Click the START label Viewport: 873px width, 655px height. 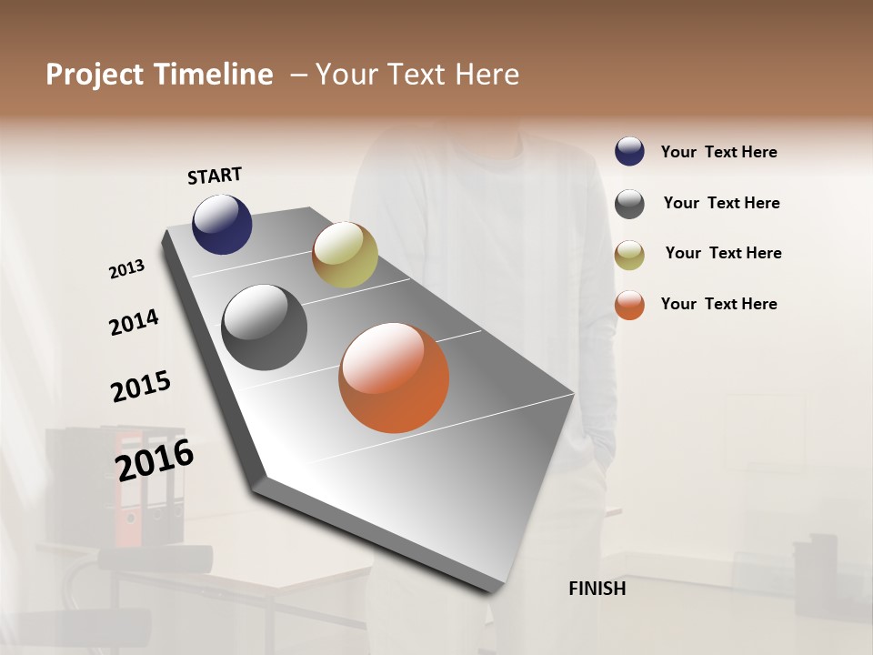point(215,176)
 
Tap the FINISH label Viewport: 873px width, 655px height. point(597,589)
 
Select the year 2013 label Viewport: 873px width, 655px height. point(126,268)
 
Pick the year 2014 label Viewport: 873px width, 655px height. point(134,322)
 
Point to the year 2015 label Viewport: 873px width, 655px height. point(141,386)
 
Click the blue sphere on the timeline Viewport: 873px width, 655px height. point(222,224)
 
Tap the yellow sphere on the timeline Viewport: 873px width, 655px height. point(345,254)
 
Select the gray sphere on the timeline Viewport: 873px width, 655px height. point(264,327)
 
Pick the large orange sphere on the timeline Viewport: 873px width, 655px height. point(394,378)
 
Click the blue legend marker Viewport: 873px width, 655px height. point(629,151)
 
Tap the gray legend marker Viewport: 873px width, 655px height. point(629,204)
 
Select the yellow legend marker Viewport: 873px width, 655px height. point(629,255)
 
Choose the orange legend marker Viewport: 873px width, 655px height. point(629,305)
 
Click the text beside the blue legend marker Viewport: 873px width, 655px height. point(718,152)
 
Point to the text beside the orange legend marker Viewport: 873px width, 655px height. point(718,304)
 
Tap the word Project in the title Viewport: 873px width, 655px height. point(95,75)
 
